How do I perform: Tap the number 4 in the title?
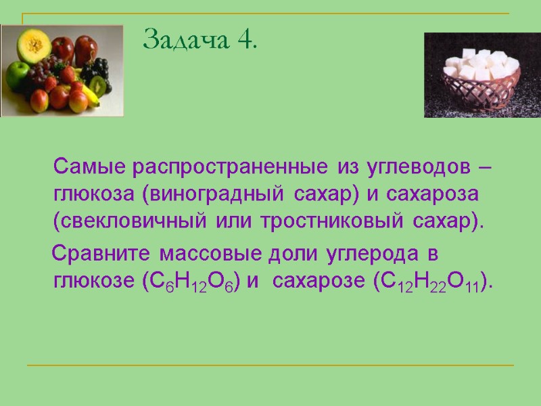(246, 41)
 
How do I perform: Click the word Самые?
(91, 166)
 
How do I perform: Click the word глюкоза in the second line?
(93, 194)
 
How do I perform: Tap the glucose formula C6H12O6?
(188, 283)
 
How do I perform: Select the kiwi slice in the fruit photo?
(99, 85)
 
